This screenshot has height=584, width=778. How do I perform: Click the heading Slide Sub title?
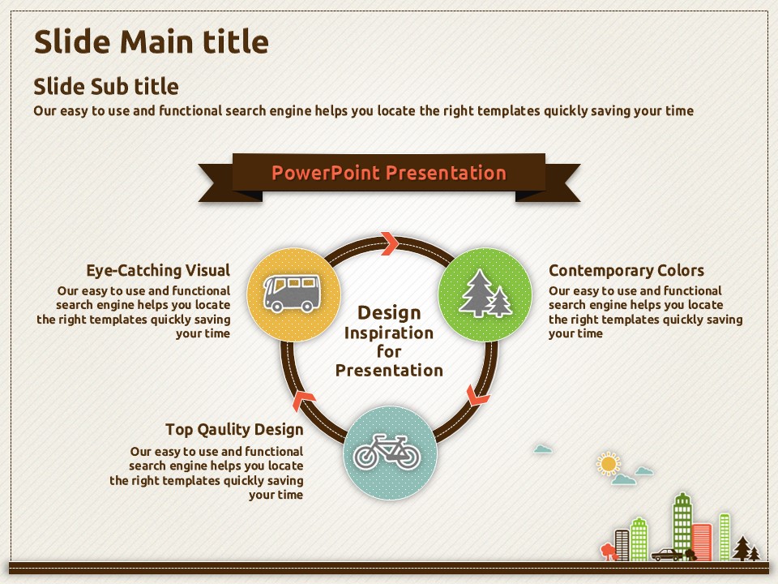[x=105, y=87]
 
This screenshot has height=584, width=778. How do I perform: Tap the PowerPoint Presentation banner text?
[x=389, y=173]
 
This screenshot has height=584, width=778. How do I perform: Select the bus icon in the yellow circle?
[x=292, y=293]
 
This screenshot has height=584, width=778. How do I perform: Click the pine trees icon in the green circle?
[x=485, y=294]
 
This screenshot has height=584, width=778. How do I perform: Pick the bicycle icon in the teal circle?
[x=387, y=452]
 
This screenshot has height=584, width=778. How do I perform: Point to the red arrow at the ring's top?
[x=390, y=243]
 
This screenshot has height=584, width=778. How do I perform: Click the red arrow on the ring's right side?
[x=478, y=395]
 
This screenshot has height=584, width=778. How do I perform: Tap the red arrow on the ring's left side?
[x=304, y=400]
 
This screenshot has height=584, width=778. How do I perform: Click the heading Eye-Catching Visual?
[x=158, y=270]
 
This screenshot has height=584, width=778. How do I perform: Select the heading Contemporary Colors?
[x=626, y=270]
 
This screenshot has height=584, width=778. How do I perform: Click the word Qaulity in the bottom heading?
[x=224, y=430]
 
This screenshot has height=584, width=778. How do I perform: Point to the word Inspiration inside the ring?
[x=389, y=333]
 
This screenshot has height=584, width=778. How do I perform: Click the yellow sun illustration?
[x=609, y=464]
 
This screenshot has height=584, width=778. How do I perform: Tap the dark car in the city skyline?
[x=667, y=555]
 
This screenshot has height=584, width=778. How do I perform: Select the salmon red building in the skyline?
[x=702, y=542]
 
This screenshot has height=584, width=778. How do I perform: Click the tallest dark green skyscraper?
[x=682, y=526]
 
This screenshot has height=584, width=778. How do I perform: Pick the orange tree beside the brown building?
[x=608, y=552]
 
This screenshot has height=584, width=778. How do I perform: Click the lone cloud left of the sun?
[x=543, y=449]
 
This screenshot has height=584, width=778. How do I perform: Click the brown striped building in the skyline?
[x=622, y=545]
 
